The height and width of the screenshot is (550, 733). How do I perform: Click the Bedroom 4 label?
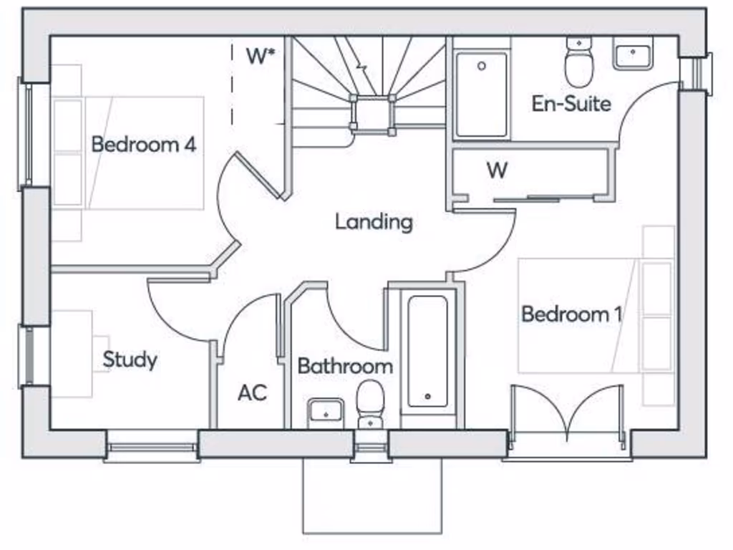(x=143, y=144)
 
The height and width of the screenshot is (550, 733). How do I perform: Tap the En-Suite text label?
(x=571, y=103)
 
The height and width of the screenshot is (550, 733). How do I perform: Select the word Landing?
(x=374, y=221)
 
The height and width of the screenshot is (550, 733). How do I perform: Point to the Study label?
(x=130, y=359)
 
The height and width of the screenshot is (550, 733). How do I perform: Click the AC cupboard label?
(x=252, y=392)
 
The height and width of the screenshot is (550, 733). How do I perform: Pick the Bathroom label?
(x=345, y=366)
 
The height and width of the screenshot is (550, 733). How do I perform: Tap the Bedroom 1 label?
(x=571, y=314)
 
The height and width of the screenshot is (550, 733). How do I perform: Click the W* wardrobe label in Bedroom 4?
(x=261, y=57)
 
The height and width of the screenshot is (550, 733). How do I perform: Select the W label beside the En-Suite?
(x=497, y=170)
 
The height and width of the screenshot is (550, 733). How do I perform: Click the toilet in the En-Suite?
(x=578, y=62)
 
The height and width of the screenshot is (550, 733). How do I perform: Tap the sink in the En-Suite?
(x=632, y=56)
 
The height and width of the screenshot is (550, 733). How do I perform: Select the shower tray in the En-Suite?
(x=482, y=93)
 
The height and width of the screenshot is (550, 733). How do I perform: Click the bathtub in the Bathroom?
(x=428, y=351)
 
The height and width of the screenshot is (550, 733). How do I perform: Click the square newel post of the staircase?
(x=372, y=113)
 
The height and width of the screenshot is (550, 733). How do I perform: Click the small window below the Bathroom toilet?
(x=371, y=451)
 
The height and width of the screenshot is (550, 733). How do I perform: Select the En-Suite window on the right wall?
(x=695, y=73)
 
